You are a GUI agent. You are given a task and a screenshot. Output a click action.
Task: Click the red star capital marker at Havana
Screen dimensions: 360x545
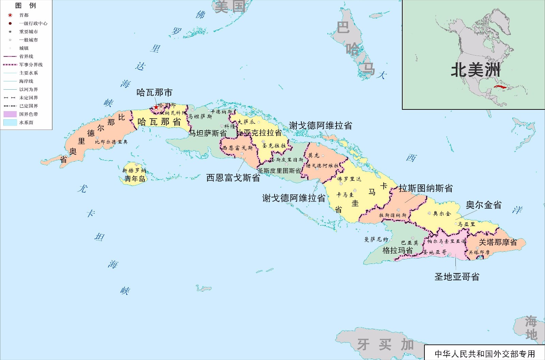pos(156,107)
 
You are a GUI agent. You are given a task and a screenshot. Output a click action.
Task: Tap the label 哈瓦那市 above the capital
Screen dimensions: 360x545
pos(154,92)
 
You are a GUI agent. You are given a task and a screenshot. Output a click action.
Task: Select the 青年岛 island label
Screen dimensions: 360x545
pos(135,179)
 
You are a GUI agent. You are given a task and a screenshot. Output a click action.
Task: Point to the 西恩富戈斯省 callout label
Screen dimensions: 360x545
pos(233,178)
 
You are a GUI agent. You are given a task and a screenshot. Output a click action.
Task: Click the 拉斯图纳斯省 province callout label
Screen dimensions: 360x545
pos(426,188)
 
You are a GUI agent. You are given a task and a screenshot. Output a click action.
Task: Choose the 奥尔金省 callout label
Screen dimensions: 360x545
pos(484,205)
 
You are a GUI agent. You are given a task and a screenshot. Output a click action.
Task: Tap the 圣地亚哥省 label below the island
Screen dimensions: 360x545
pos(457,277)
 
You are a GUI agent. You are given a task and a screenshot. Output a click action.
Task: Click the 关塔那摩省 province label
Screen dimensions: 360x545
pos(498,242)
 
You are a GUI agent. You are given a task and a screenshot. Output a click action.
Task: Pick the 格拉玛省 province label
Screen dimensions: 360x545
pos(398,251)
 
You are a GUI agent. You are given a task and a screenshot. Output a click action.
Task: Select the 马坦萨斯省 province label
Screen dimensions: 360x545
pos(208,133)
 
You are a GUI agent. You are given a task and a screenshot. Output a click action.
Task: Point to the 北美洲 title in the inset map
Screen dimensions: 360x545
pos(476,70)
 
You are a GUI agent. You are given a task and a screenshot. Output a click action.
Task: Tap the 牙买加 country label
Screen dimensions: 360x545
pos(385,345)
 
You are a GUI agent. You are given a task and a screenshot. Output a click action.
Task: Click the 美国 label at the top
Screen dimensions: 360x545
pos(230,6)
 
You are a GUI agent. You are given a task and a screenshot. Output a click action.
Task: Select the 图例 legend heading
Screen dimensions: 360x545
pos(26,5)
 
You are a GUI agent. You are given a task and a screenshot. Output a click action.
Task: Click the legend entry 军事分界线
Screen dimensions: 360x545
pos(31,65)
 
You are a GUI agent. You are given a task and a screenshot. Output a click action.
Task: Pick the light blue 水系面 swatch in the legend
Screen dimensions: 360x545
pos(10,122)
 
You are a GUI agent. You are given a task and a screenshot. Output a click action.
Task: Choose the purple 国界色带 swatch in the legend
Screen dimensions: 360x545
pos(10,114)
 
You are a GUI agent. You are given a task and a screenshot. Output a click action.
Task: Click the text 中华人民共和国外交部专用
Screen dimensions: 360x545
pos(485,354)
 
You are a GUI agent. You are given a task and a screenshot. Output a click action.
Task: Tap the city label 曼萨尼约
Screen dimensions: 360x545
pos(376,240)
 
